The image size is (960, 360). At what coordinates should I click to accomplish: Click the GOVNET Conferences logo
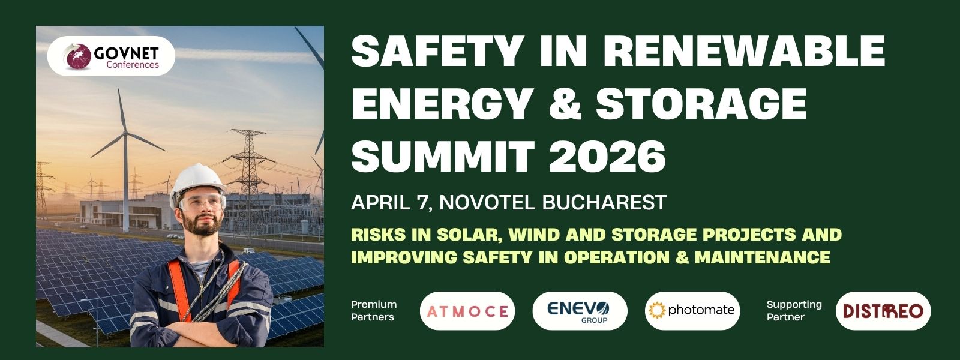tap(111, 56)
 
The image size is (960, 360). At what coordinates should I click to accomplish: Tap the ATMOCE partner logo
tap(467, 311)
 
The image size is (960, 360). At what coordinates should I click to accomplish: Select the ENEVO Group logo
tap(580, 311)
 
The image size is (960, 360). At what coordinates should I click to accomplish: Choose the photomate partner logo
tap(692, 311)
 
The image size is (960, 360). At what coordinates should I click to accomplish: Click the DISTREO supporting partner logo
tap(883, 311)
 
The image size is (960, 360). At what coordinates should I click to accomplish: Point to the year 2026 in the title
tap(607, 157)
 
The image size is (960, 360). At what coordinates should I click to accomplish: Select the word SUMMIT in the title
tap(443, 157)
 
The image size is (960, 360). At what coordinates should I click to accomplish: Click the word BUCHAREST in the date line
tap(604, 202)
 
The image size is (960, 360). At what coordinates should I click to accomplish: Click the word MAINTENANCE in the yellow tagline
tap(763, 257)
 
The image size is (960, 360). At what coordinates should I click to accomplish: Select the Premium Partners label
tap(374, 311)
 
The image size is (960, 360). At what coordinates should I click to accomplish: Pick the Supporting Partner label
tap(794, 311)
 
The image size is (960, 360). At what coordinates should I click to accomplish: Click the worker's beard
tap(202, 225)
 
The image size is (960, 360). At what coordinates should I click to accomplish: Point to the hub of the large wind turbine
tap(125, 134)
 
